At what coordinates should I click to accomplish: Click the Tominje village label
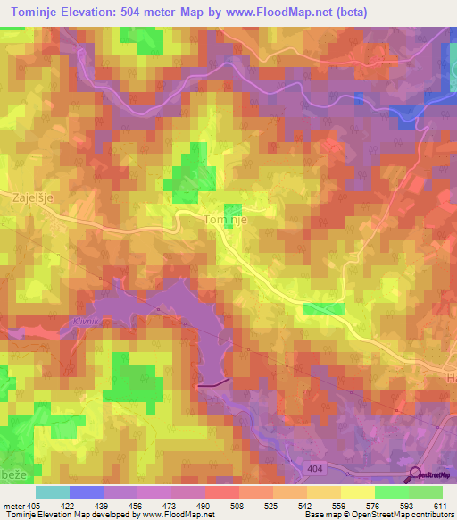coord(225,218)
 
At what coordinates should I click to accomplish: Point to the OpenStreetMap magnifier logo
coord(417,474)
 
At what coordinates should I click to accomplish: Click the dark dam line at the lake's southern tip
coord(213,382)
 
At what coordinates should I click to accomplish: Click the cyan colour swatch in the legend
coord(52,492)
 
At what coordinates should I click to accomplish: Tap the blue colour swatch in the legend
coord(86,492)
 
